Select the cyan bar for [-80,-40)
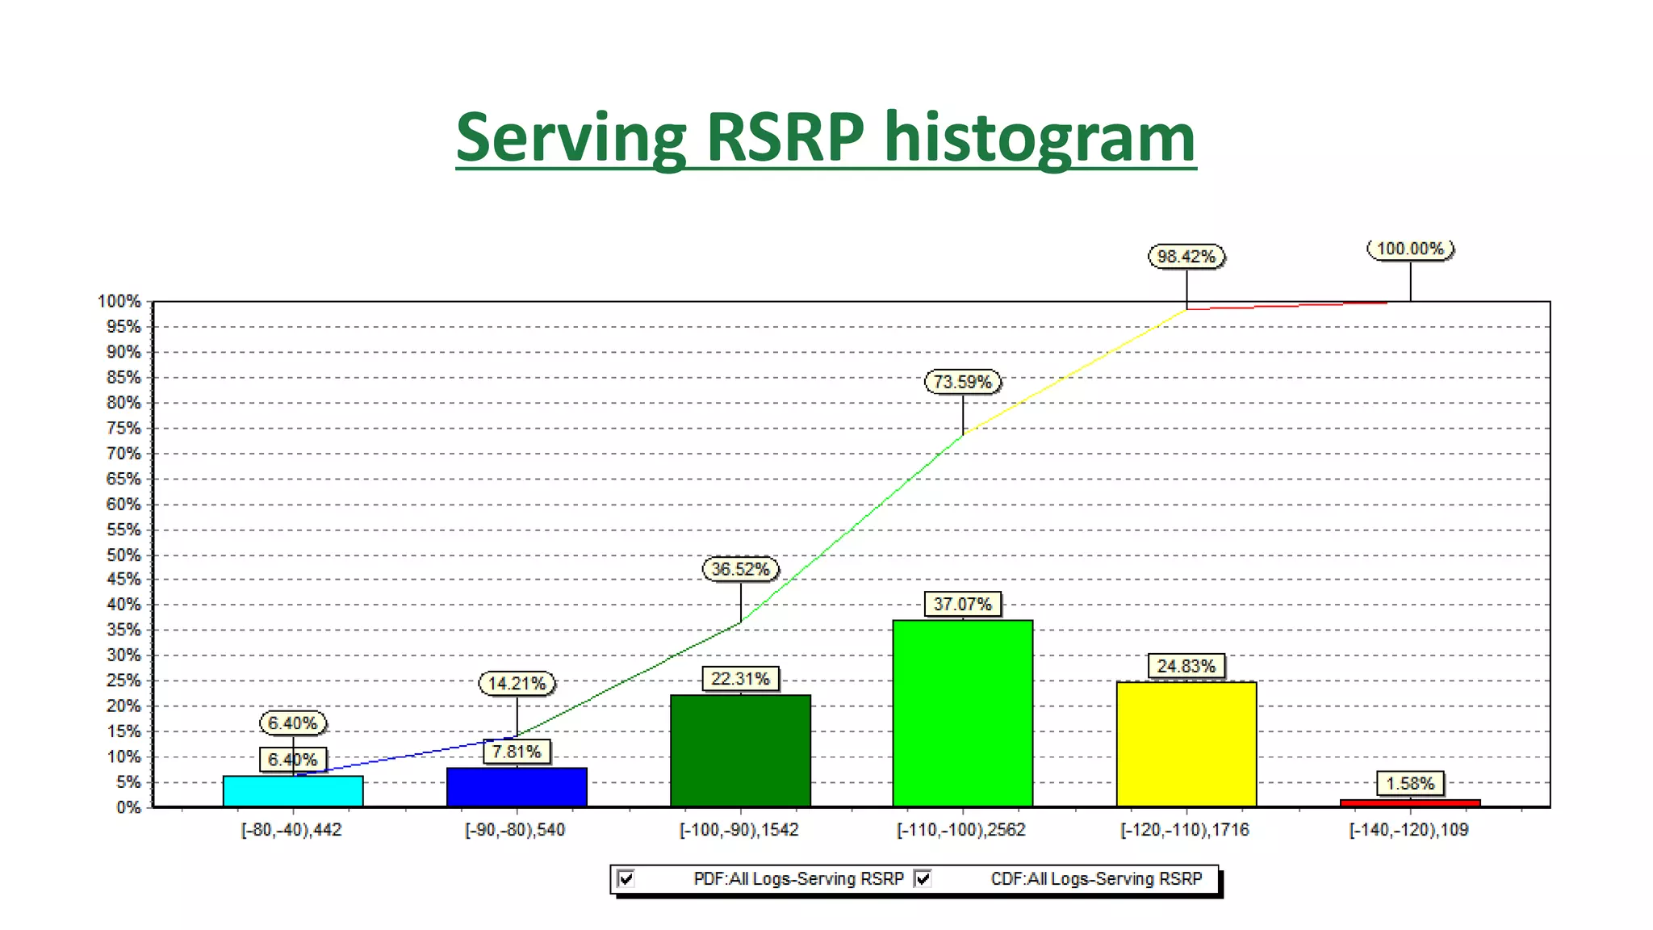293,791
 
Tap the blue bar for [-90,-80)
517,787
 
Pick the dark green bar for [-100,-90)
740,751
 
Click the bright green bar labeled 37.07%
963,714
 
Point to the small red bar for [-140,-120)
1410,802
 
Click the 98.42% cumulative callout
1186,257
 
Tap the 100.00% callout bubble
1410,249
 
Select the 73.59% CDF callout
963,382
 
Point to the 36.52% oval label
740,569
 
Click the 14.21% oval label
517,684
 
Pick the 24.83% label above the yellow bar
1186,666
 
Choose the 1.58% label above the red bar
1410,783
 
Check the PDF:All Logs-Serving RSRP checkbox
626,878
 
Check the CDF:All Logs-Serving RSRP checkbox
923,878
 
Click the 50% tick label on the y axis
123,555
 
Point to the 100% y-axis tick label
119,302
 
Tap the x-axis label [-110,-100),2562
961,830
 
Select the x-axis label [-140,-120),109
1408,830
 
